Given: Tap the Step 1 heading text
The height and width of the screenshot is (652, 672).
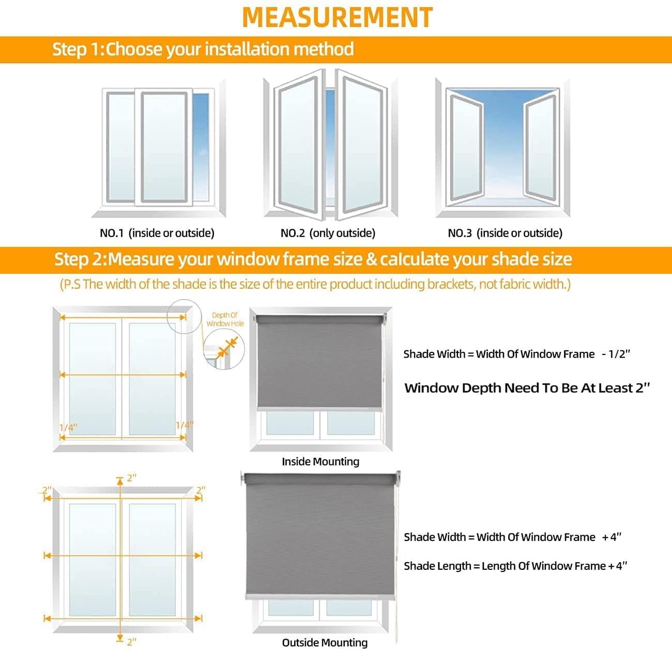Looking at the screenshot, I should pos(203,49).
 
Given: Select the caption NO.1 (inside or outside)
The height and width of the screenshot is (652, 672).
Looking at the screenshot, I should pos(157,233).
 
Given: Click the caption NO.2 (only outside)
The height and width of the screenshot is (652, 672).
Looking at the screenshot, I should pos(328,233).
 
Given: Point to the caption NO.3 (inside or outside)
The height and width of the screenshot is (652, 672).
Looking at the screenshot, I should pos(505,233).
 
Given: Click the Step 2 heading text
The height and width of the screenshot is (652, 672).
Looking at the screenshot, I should pos(313,259).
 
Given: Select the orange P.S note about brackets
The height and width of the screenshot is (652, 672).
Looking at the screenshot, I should pos(315,284).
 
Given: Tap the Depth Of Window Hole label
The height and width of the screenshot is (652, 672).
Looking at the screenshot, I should pos(225,319).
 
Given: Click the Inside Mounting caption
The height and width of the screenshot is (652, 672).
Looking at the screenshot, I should pos(320,461).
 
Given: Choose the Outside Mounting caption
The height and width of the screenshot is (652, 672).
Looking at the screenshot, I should pos(325,643).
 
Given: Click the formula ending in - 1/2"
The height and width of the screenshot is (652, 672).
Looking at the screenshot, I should pos(516,354).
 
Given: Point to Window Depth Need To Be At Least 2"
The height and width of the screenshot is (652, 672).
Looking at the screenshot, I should pos(527,388).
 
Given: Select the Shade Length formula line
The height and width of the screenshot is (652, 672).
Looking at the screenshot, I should pos(515,566).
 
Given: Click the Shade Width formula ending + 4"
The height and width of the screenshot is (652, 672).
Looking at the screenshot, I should pos(512,537).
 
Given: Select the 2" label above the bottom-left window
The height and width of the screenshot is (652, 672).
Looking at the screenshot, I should pos(131,478).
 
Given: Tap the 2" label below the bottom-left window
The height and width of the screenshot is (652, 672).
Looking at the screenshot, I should pos(131,642).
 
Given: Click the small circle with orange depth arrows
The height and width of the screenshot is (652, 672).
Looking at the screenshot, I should pos(224,350).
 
